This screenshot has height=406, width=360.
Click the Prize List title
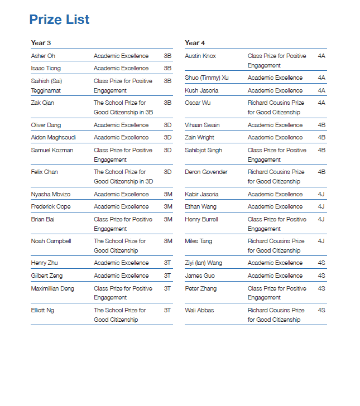coord(59,20)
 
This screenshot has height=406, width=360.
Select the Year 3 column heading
coord(41,43)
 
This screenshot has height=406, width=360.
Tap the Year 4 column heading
coord(195,43)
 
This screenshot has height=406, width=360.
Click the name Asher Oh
coord(43,56)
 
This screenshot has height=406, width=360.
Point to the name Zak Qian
coord(42,103)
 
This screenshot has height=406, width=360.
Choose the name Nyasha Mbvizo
coord(51,194)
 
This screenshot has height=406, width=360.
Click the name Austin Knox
coord(200,56)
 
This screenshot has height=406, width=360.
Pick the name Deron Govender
coord(206,172)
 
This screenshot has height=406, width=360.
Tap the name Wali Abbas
coord(199,310)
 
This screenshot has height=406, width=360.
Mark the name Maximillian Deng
coord(52,288)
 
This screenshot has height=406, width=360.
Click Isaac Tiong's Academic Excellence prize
coord(121,68)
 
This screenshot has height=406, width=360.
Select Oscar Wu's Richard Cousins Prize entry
coord(276,107)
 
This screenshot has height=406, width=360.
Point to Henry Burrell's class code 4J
coord(321,219)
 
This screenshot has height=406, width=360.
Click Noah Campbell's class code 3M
coord(167,241)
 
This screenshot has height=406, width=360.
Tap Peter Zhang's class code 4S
coord(321,288)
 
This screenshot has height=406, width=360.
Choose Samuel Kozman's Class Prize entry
coord(123,154)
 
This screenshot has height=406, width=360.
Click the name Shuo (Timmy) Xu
coord(207,78)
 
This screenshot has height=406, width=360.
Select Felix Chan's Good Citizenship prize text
coord(123,176)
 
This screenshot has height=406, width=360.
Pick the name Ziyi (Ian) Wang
coord(203,263)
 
